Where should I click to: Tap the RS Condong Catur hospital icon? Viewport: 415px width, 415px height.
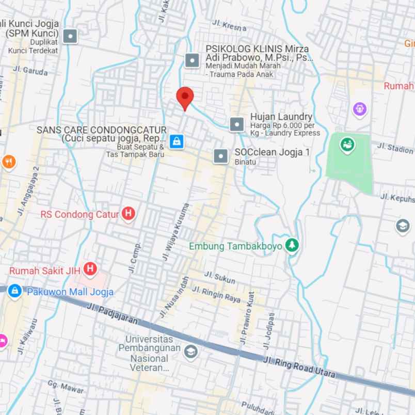coord(129,214)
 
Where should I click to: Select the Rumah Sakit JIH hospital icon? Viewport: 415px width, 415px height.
coord(90,268)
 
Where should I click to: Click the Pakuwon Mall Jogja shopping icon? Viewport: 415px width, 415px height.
coord(14,291)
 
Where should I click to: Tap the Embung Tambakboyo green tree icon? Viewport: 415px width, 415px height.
coord(293,246)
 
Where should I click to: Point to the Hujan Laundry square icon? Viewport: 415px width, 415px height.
coord(236,124)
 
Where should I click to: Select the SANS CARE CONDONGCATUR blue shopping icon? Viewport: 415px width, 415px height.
coord(177,141)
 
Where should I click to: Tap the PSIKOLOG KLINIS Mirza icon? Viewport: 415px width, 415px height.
coord(192,61)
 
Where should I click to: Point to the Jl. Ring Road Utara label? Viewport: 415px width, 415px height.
coord(299,366)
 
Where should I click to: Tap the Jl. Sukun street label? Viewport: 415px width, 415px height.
coord(220,277)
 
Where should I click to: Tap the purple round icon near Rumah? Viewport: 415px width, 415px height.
coord(360,109)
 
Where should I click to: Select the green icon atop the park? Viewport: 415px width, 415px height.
coord(347,145)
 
